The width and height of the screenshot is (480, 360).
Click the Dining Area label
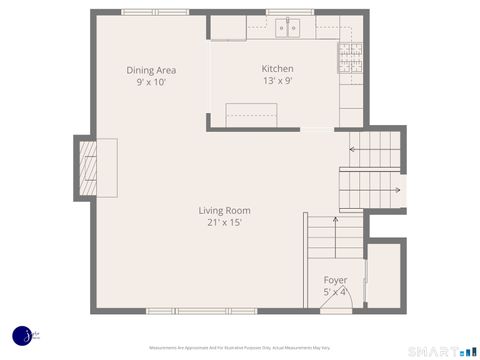[x=151, y=70]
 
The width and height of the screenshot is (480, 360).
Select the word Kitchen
[x=277, y=69]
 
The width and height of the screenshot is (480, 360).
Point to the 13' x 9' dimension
[x=277, y=81]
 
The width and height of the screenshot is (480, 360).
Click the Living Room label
[x=224, y=210]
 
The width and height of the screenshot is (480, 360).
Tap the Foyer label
[x=335, y=280]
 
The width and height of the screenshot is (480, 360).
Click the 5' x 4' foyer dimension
[x=335, y=292]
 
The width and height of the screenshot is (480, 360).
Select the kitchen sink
[x=290, y=28]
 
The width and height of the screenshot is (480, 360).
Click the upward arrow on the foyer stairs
[x=334, y=223]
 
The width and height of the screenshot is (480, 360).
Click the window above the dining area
[x=155, y=12]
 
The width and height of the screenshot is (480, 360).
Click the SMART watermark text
[x=433, y=350]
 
